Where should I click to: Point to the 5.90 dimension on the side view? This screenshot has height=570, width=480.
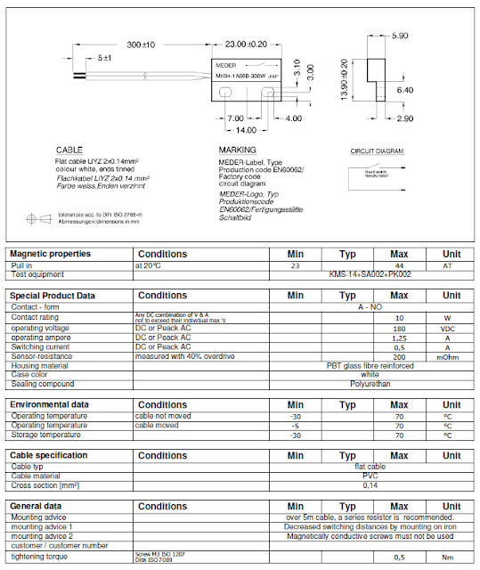399,37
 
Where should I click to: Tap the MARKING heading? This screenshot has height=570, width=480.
237,150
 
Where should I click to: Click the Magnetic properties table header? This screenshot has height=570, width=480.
51,254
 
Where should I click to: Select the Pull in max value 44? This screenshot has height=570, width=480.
399,265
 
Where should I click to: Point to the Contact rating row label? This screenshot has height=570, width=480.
37,317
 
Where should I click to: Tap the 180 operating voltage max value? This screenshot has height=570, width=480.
399,328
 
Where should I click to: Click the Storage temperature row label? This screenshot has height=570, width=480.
46,435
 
